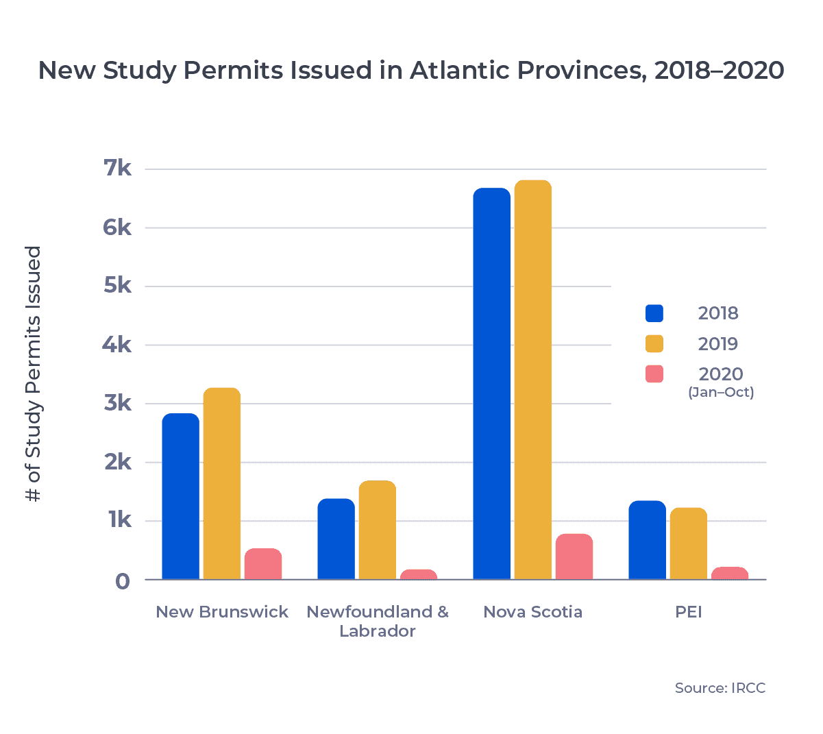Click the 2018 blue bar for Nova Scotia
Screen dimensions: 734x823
pyautogui.click(x=491, y=384)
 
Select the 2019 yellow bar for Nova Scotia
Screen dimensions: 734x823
pyautogui.click(x=532, y=380)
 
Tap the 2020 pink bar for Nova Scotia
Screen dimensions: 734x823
pyautogui.click(x=574, y=556)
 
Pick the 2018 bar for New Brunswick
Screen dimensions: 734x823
pyautogui.click(x=180, y=496)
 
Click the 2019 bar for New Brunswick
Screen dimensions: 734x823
pyautogui.click(x=221, y=484)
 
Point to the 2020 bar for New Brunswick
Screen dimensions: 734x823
pyautogui.click(x=262, y=564)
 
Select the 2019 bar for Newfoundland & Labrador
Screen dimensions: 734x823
pyautogui.click(x=377, y=530)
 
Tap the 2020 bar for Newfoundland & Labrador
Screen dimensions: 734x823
pyautogui.click(x=418, y=574)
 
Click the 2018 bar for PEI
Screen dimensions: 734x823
pyautogui.click(x=647, y=540)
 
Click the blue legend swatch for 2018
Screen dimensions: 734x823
pyautogui.click(x=654, y=313)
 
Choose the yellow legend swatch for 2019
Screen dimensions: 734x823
pyautogui.click(x=654, y=343)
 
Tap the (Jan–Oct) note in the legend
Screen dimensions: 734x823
pyautogui.click(x=721, y=393)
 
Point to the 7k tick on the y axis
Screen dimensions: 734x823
pyautogui.click(x=117, y=169)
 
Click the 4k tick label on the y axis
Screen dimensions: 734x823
pyautogui.click(x=117, y=345)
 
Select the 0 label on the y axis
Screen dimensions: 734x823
pyautogui.click(x=122, y=581)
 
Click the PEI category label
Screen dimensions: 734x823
pyautogui.click(x=688, y=612)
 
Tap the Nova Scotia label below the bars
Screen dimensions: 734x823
pyautogui.click(x=532, y=612)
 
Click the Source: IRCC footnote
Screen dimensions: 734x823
pyautogui.click(x=720, y=688)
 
